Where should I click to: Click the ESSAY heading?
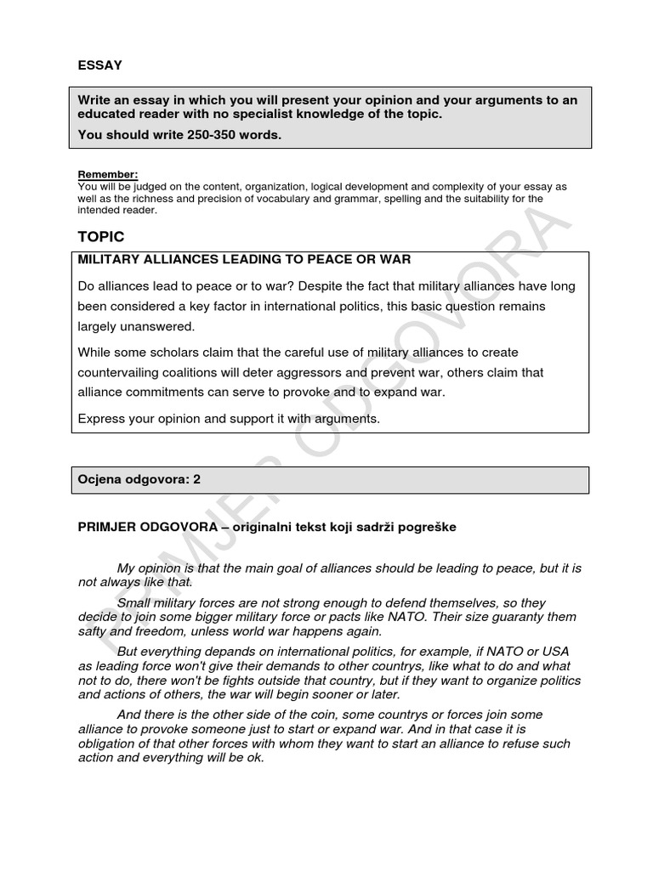coord(99,65)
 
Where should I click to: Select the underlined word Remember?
coord(107,174)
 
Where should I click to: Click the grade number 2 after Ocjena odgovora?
coord(196,479)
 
